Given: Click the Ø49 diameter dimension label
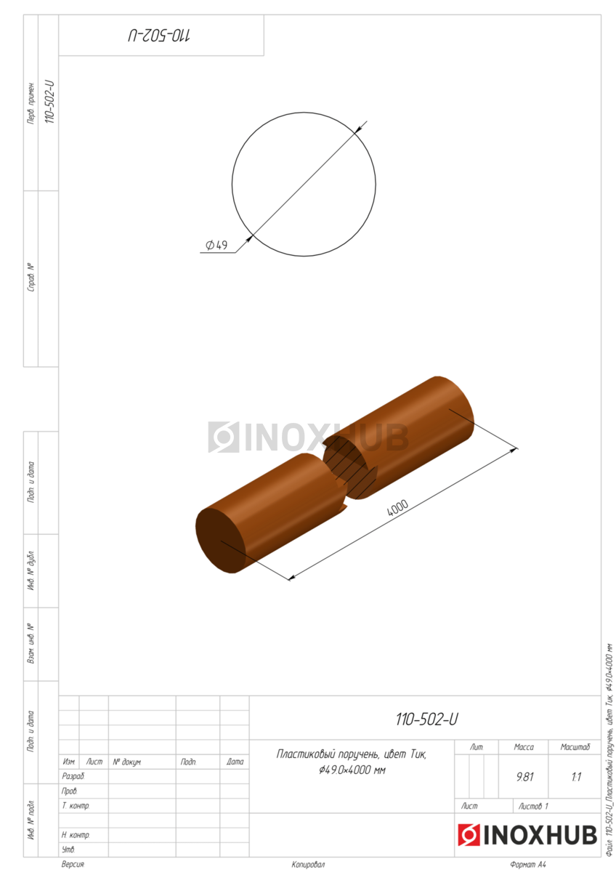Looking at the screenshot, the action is [x=216, y=245].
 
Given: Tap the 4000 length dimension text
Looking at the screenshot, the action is [x=397, y=508].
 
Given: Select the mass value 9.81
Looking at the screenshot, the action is [x=524, y=777].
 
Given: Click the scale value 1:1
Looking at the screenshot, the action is [x=576, y=777].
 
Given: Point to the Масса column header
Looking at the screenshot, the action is [x=524, y=747].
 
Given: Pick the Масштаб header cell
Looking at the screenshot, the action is [x=575, y=747].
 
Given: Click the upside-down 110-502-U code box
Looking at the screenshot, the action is [x=161, y=36].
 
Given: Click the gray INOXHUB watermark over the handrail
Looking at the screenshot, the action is [x=308, y=437].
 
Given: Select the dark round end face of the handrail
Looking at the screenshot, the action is [x=220, y=541].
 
